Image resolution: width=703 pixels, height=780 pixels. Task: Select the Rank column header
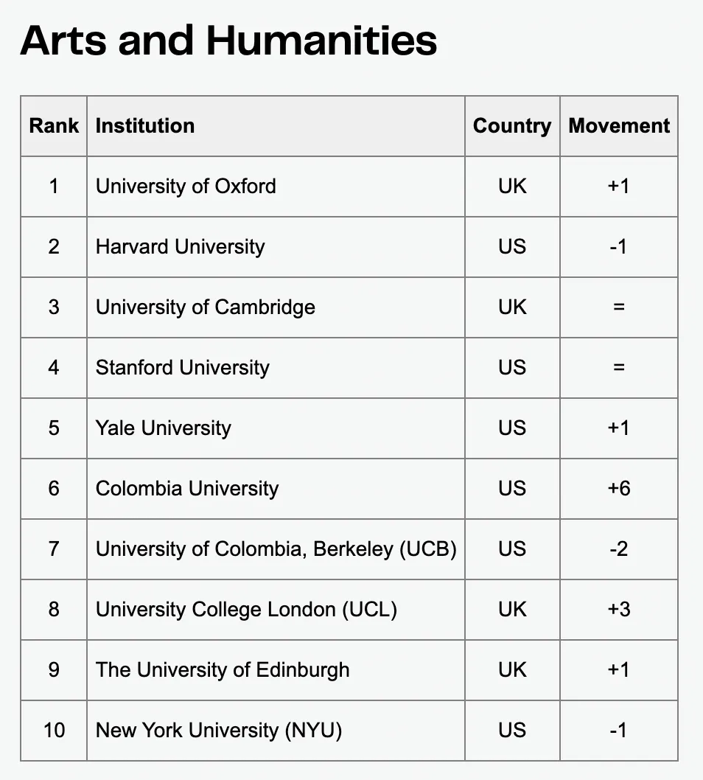[54, 126]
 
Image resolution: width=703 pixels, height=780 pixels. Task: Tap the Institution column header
[145, 126]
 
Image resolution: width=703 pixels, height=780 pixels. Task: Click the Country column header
[512, 126]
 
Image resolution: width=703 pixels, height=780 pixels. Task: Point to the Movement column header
[619, 126]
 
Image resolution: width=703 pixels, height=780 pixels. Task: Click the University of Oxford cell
[186, 187]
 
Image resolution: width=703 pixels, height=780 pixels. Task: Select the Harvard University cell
[180, 247]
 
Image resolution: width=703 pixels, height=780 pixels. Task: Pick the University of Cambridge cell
[206, 307]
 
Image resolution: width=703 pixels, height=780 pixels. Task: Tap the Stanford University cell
[183, 368]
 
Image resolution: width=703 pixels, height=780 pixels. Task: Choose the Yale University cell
[164, 428]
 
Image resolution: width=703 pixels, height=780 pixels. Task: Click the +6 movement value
[619, 489]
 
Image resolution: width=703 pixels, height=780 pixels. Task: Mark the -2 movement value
[619, 549]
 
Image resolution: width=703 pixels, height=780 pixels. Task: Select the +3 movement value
[619, 610]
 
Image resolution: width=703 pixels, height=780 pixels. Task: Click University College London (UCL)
[246, 610]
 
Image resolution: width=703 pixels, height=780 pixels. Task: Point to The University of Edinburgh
[223, 670]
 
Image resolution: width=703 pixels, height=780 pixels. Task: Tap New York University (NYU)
[219, 731]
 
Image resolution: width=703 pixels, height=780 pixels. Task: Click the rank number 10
[54, 731]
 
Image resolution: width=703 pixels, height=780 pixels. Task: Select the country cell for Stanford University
[512, 368]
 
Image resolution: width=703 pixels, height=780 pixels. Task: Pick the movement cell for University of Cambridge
[619, 307]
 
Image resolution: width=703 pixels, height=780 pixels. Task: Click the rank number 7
[54, 549]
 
